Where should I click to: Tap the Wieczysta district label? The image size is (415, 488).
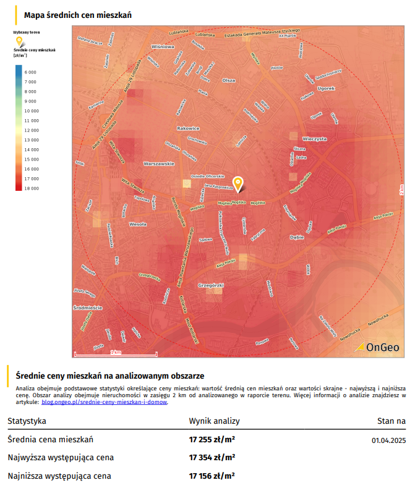(314, 139)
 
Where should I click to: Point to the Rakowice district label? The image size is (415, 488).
(188, 128)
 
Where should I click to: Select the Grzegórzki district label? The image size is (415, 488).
(210, 285)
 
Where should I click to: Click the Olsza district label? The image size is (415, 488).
(229, 80)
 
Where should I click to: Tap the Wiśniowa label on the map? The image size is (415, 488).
(163, 46)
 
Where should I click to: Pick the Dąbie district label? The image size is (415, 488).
(297, 237)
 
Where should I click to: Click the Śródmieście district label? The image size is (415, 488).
(87, 307)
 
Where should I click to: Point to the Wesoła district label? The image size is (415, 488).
(137, 225)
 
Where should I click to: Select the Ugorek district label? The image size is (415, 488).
(326, 88)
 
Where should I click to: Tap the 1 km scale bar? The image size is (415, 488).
(116, 353)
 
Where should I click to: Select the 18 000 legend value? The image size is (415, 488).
(31, 188)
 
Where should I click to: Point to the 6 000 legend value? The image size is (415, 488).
(31, 72)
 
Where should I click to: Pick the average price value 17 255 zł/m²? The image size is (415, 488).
(212, 440)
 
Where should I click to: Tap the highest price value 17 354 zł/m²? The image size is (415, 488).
(212, 458)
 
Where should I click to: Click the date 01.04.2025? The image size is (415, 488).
(388, 440)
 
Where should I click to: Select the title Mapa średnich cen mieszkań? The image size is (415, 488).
(77, 14)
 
